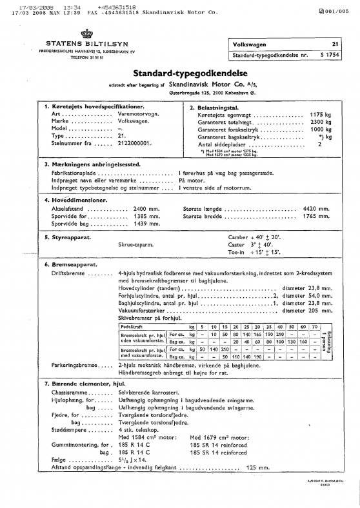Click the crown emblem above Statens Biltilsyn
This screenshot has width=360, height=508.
click(84, 35)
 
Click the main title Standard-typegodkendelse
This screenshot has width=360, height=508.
click(180, 74)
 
